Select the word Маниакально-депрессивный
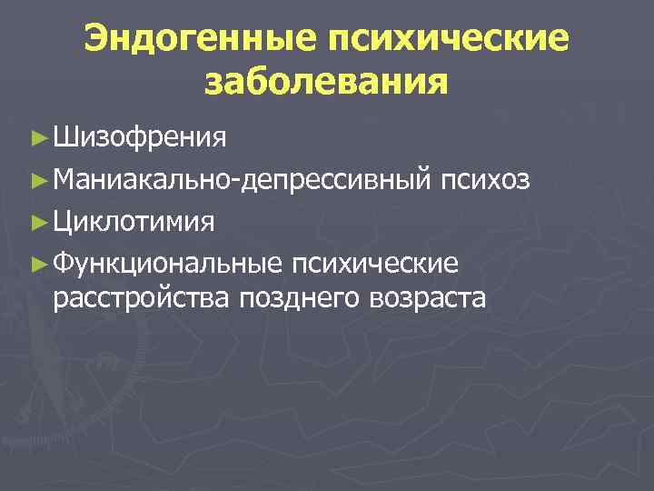241,180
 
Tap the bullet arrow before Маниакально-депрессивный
37,180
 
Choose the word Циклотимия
134,222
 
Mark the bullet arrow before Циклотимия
37,222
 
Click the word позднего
299,297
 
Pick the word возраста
427,297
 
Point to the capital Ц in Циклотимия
64,222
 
